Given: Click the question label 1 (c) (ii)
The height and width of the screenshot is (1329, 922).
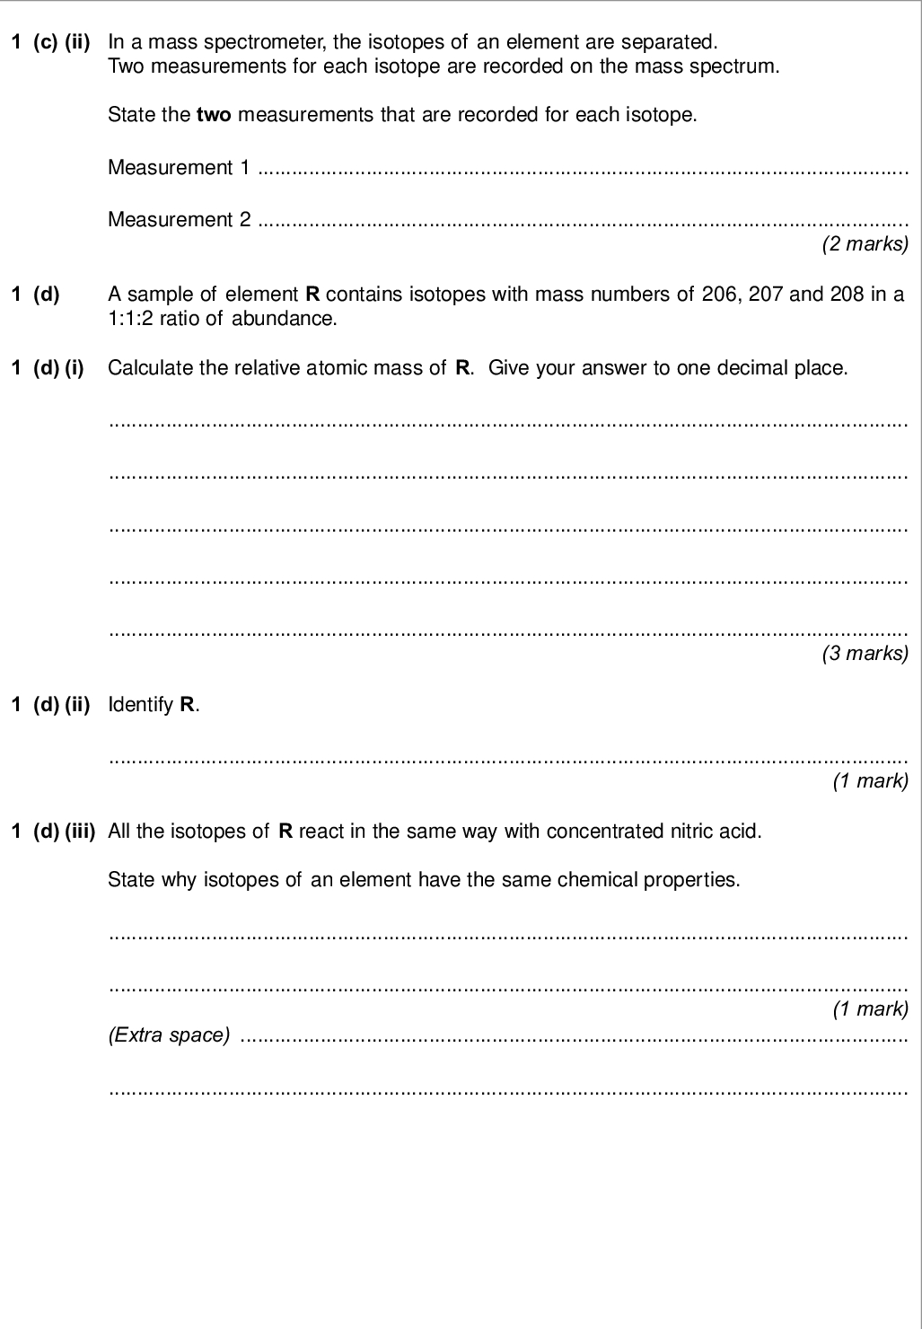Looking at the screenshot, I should pyautogui.click(x=50, y=41).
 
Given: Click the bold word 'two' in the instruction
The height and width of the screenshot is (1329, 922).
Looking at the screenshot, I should pyautogui.click(x=214, y=115).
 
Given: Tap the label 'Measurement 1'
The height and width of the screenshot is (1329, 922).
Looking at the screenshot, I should pyautogui.click(x=179, y=167).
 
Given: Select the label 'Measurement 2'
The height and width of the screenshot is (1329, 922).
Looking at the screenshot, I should pyautogui.click(x=179, y=219).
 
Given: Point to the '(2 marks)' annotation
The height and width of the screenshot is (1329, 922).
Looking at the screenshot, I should pyautogui.click(x=865, y=243).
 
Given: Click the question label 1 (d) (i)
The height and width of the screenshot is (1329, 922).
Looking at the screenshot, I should pyautogui.click(x=48, y=367).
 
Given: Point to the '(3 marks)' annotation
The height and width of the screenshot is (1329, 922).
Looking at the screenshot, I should pyautogui.click(x=865, y=653).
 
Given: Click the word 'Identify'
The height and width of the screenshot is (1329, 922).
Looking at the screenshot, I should pyautogui.click(x=141, y=704).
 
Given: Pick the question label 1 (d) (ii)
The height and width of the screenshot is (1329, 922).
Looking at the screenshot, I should pyautogui.click(x=50, y=704).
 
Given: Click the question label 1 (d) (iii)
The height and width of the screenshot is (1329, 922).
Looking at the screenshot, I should pyautogui.click(x=53, y=831).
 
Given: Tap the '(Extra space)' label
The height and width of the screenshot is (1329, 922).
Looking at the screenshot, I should pyautogui.click(x=169, y=1034).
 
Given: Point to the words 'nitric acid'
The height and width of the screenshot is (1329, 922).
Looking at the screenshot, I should pyautogui.click(x=716, y=831).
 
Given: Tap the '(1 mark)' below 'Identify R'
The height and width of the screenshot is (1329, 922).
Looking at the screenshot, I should pyautogui.click(x=871, y=780).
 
